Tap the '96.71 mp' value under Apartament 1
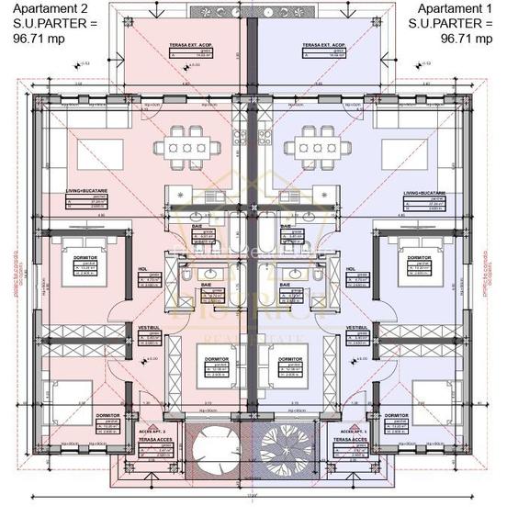(x=462, y=39)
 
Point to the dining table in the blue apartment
(x=313, y=148)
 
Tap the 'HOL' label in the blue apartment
(x=352, y=269)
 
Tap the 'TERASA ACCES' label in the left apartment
(x=151, y=439)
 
